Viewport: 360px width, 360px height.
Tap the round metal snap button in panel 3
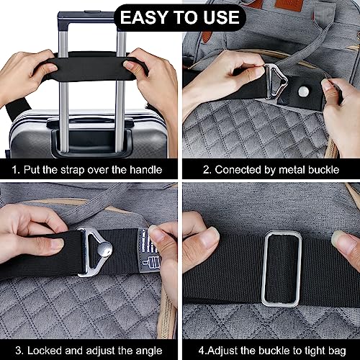point(104,251)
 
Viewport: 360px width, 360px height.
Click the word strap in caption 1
point(75,171)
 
